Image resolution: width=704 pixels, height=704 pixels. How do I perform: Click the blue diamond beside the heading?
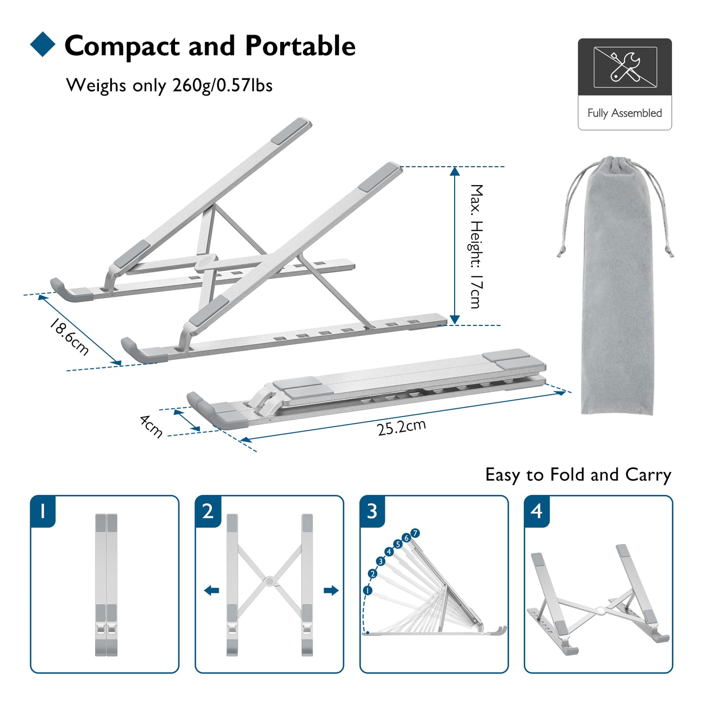(43, 44)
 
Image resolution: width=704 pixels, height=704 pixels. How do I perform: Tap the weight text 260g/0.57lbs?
(222, 85)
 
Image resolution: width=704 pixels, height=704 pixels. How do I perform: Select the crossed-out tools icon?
(625, 67)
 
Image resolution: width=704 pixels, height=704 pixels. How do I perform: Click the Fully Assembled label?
(625, 113)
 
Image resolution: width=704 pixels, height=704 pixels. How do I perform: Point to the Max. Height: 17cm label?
(476, 246)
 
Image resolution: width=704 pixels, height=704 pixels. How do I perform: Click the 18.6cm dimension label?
(69, 337)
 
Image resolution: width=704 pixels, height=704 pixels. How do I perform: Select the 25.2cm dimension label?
(401, 427)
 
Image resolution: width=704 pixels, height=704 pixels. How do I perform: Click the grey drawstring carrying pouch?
(617, 292)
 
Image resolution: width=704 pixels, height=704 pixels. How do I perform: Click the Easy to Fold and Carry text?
(578, 475)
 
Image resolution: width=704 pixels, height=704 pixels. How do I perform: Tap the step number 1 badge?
(43, 511)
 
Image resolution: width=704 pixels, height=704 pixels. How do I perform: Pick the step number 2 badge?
(208, 511)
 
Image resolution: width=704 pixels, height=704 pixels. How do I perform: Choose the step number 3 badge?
(372, 511)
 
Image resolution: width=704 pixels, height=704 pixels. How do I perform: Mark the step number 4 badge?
(536, 511)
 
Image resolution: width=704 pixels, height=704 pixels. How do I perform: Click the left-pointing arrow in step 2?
(211, 590)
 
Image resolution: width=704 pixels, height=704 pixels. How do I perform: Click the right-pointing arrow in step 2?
(331, 590)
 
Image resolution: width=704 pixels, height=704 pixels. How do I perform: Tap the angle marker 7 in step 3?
(415, 533)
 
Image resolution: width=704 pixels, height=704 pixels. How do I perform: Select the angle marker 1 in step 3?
(367, 590)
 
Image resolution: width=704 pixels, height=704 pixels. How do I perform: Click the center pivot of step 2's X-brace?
(269, 581)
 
